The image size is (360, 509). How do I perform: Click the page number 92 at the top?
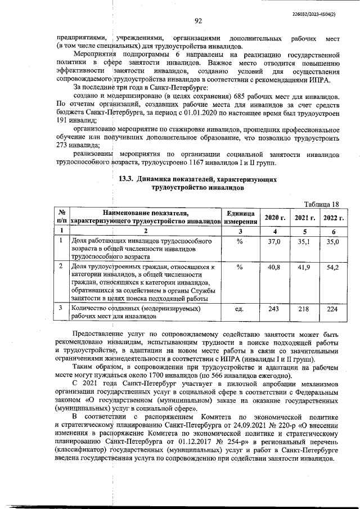[x=198, y=21]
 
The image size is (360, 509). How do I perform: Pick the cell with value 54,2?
[x=333, y=267]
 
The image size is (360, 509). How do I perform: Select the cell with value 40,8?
[x=274, y=267]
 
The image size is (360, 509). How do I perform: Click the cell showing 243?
[x=274, y=309]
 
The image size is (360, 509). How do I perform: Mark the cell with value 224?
[x=333, y=309]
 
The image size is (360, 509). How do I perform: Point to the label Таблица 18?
[x=321, y=203]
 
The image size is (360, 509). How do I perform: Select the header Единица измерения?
[x=241, y=217]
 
